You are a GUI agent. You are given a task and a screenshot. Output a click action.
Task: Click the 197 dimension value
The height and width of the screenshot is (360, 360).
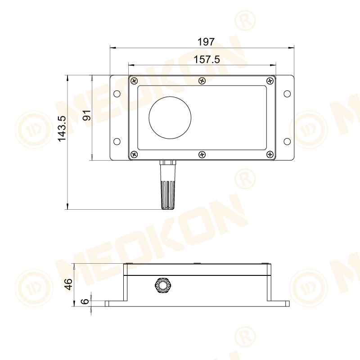pos(206,42)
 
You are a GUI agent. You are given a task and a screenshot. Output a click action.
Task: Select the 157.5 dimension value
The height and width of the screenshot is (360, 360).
pos(207,59)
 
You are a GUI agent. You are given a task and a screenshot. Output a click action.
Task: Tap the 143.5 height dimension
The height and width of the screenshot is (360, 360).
pos(62,129)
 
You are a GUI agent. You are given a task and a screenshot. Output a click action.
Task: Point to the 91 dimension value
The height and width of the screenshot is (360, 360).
pos(87,115)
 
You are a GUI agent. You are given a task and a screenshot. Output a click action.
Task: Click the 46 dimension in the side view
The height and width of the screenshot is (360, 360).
pos(68,284)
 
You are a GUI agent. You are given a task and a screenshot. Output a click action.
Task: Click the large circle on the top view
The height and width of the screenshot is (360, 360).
pos(171,117)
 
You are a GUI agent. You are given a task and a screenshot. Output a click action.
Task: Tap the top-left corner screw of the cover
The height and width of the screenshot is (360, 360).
pos(134,81)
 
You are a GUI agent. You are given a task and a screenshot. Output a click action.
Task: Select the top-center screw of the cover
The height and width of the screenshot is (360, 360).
pos(202,81)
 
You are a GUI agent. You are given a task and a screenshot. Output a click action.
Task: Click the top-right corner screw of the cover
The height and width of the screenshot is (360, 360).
pos(270,81)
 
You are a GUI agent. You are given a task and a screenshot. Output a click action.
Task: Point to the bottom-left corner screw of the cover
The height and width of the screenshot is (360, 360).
pos(134,154)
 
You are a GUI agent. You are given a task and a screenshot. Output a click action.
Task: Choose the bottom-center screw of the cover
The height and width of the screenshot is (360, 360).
pos(202,154)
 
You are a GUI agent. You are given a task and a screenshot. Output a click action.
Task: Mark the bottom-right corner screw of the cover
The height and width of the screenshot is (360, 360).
pos(270,154)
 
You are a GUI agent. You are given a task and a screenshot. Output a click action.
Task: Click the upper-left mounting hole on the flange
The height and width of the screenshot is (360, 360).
pos(117,94)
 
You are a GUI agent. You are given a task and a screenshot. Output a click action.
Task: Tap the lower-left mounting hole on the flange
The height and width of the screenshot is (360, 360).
pos(117,141)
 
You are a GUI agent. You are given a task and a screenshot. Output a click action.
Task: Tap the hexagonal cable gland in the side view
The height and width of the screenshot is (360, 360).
pos(162,286)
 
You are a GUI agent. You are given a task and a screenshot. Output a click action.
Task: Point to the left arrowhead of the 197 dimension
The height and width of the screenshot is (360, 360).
pos(112,47)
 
